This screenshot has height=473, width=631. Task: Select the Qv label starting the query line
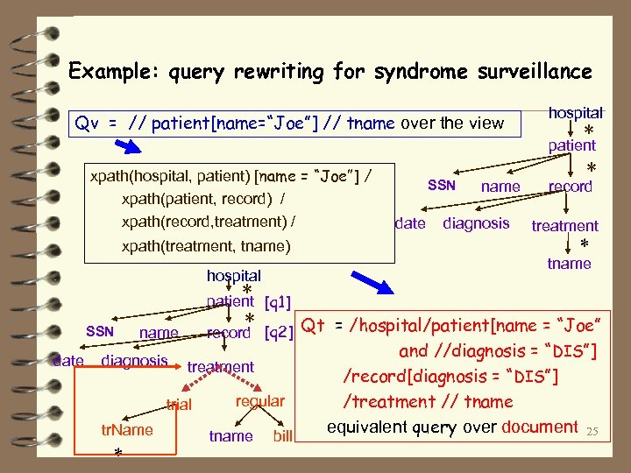87,124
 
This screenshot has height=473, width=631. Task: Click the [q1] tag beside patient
278,302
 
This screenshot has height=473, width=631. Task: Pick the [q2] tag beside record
278,334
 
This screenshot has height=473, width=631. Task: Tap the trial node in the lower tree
179,405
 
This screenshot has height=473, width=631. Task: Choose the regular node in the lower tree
259,401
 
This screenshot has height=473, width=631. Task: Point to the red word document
539,427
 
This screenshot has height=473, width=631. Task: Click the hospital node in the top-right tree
575,113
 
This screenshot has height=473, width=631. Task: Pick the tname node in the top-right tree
570,264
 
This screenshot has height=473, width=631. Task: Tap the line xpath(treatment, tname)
205,246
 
